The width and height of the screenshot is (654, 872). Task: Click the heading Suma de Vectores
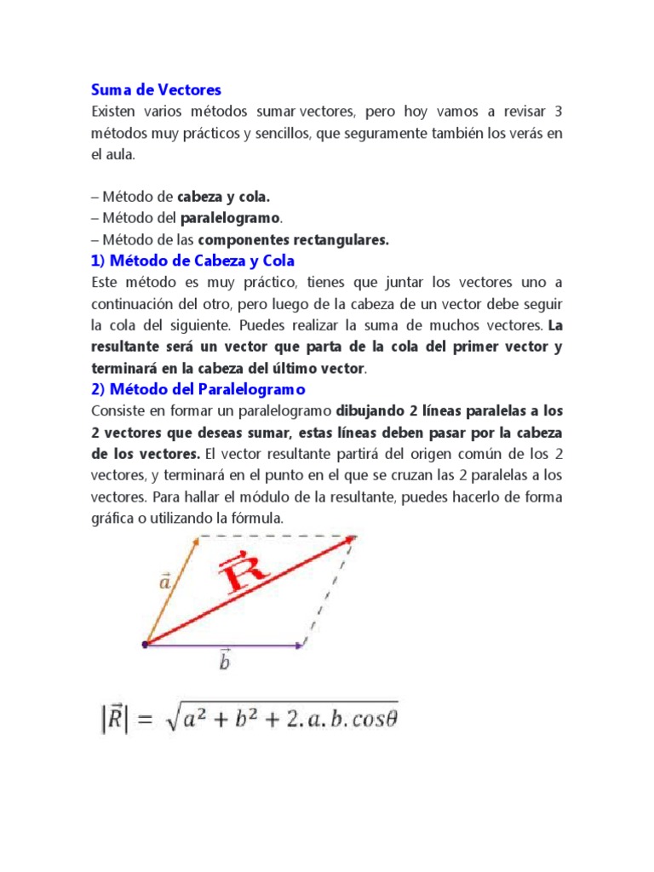156,89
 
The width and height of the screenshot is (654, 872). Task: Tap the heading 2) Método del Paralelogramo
198,389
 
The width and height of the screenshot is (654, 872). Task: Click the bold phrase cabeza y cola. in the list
223,198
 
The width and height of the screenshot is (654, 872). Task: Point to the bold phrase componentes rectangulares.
294,240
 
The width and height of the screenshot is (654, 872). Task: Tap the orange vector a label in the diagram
164,582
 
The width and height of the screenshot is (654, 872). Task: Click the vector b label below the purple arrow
224,661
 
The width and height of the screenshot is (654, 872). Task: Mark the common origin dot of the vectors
145,645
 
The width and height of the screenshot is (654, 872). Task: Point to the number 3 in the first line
558,112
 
